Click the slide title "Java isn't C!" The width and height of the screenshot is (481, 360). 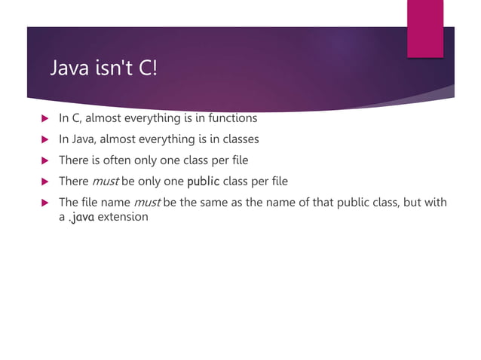tap(103, 69)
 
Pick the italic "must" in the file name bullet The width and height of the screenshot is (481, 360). tap(146, 203)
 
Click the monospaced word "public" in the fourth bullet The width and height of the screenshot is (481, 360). tap(203, 182)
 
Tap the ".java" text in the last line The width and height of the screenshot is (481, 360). tap(83, 218)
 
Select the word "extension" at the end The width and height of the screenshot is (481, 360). tap(124, 218)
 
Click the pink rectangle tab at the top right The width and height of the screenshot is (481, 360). tap(425, 28)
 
